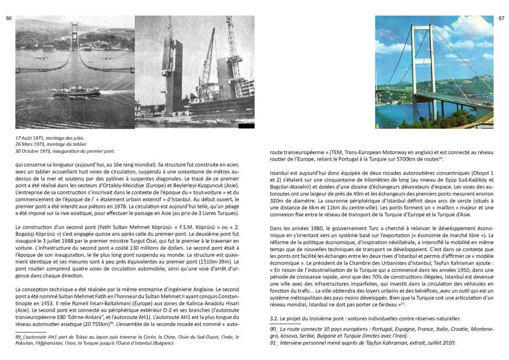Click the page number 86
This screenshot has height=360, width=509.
coord(8,18)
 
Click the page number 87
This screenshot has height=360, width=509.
coord(501,18)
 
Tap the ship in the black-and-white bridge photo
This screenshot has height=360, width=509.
coord(71,90)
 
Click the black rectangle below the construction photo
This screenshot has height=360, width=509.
coord(247,126)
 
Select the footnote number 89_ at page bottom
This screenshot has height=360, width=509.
coord(20,336)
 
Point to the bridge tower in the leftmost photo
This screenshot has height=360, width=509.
coord(75,37)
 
